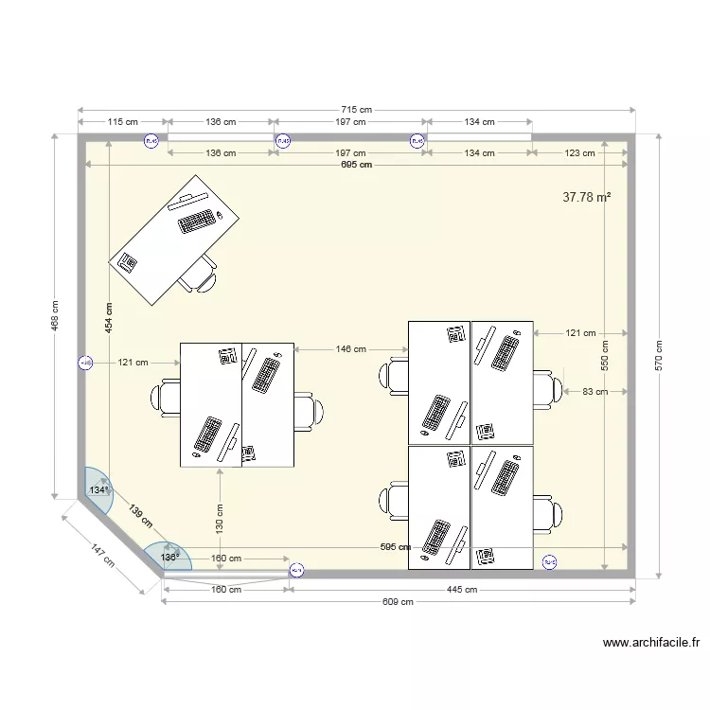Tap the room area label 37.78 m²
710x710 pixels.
coord(586,197)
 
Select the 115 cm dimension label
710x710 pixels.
coord(123,122)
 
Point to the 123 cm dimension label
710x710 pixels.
coord(579,152)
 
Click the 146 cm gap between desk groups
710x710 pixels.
coord(350,349)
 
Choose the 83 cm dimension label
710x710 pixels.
coord(595,391)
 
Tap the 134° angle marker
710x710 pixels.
coord(98,489)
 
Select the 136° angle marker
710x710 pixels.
coord(169,558)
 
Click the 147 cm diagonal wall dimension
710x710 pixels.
coord(103,555)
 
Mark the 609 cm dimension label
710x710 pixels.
coord(399,601)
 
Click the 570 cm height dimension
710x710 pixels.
coord(659,356)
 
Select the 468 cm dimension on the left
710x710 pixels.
coord(55,317)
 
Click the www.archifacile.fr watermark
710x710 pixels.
coord(651,643)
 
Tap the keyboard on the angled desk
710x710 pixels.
coord(196,222)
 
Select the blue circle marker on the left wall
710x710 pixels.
coord(85,363)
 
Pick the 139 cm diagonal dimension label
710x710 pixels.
coord(139,517)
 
